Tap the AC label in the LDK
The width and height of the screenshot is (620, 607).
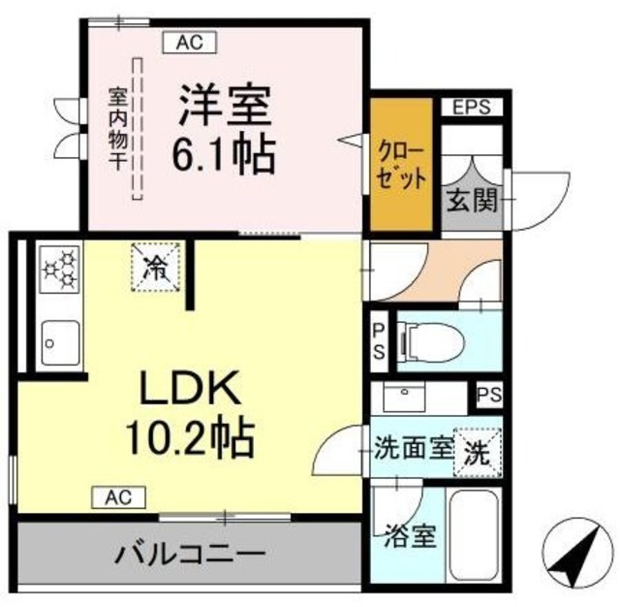[x=119, y=498]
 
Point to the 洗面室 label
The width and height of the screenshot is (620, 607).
[x=415, y=449]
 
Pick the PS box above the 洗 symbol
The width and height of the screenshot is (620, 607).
[x=488, y=396]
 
